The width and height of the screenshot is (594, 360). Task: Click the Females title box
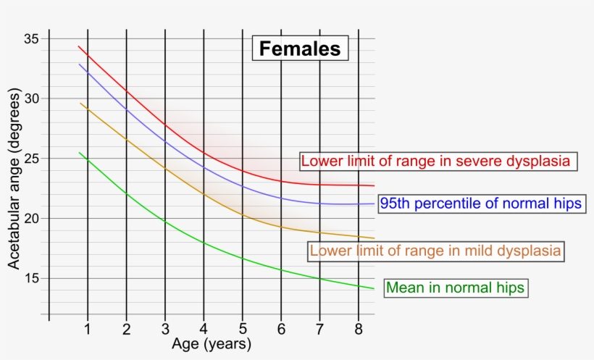(x=300, y=49)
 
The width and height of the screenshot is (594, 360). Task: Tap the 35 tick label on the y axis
(x=32, y=38)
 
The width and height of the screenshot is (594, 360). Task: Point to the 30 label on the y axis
(x=32, y=99)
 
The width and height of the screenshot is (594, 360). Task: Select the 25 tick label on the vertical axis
(x=32, y=159)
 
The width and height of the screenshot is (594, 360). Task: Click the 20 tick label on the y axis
(x=32, y=219)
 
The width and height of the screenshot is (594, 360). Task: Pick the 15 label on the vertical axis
(x=32, y=279)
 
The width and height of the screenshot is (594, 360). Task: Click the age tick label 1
(x=88, y=330)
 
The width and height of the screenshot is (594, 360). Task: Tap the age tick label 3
(x=165, y=330)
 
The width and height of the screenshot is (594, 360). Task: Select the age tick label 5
(x=243, y=330)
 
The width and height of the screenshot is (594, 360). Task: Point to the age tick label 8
(x=359, y=330)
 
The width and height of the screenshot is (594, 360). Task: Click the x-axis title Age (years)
(x=212, y=344)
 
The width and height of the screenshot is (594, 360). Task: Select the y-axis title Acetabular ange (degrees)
(x=14, y=180)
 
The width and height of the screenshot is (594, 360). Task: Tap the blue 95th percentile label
(x=480, y=204)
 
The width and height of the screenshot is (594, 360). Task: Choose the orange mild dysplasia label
(x=436, y=251)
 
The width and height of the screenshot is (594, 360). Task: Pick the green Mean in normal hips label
(x=455, y=288)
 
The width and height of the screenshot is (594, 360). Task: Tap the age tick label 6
(x=281, y=330)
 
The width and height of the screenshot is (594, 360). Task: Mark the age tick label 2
(x=127, y=330)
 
